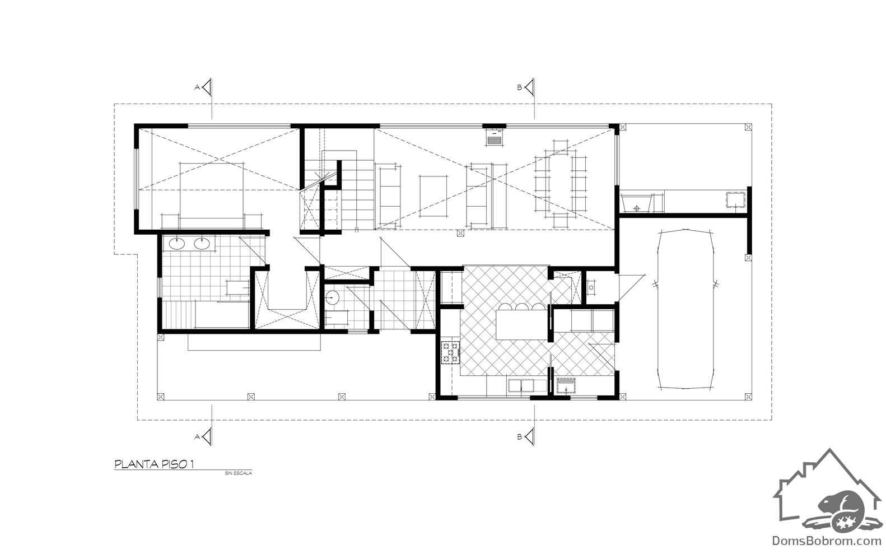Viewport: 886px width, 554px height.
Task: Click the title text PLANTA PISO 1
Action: [x=154, y=464]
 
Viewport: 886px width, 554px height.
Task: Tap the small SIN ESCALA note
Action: [x=238, y=473]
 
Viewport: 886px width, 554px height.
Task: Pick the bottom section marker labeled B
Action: [x=526, y=436]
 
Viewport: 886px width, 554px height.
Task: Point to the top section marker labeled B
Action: [x=526, y=87]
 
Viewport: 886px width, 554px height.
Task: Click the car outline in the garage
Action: [x=686, y=309]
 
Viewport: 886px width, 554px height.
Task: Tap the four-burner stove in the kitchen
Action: [x=450, y=352]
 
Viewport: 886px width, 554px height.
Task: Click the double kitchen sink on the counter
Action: [x=527, y=386]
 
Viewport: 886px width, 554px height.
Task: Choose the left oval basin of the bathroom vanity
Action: [x=177, y=243]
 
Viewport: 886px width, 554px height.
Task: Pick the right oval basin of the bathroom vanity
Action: [x=202, y=243]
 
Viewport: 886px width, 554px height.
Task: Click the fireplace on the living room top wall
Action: [x=495, y=138]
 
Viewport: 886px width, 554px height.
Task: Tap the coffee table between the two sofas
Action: [x=433, y=196]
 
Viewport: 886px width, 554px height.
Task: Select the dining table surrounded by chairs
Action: [x=560, y=184]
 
